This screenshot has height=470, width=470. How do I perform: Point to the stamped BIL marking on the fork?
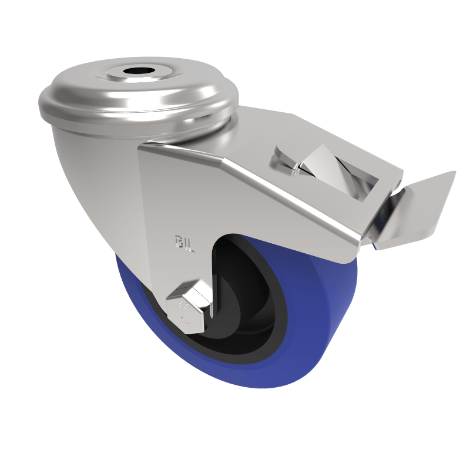[184, 243]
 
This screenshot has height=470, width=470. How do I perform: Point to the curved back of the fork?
[88, 176]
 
